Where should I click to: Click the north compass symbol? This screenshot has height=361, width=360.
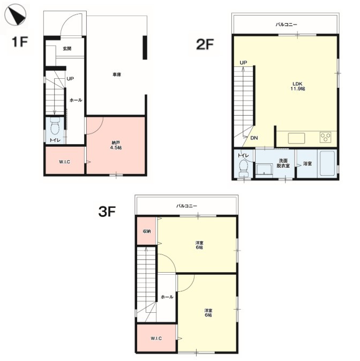tap(16, 15)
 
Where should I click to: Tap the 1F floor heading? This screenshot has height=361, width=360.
tap(20, 42)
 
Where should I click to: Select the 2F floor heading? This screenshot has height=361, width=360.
tap(205, 44)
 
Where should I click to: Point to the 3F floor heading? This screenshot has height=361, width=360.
tap(107, 212)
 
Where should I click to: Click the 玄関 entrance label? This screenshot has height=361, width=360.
tap(67, 49)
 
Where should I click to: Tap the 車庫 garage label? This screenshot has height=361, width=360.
tap(117, 74)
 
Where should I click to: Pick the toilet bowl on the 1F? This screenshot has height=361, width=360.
tap(55, 126)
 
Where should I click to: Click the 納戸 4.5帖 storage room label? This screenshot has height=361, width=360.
tap(116, 146)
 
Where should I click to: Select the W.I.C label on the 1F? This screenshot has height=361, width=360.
tap(64, 162)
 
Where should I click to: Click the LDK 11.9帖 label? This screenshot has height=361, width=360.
tap(297, 86)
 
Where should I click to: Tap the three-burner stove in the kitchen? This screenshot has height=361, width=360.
tap(326, 137)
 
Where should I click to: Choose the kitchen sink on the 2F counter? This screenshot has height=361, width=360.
tap(296, 138)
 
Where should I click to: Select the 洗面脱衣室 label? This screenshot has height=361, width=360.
tap(283, 163)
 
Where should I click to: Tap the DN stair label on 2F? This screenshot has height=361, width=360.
tap(254, 138)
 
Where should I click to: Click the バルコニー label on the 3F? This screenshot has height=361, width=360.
tap(186, 206)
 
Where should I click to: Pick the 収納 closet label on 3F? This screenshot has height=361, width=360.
tap(147, 231)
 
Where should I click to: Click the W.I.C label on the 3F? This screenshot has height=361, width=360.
tap(156, 339)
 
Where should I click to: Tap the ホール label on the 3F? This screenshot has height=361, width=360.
tap(167, 297)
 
